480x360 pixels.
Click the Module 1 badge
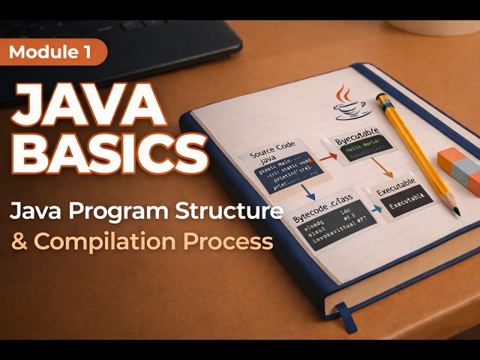click(53, 52)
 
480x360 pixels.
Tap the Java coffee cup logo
click(346, 103)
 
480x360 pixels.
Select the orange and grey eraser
click(459, 169)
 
